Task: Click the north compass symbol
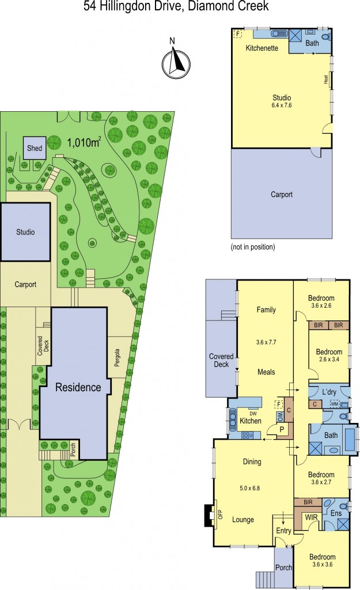tap(175, 60)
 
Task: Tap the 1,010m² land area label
tap(84, 142)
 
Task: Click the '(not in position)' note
tap(253, 247)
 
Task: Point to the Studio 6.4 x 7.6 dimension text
tap(281, 105)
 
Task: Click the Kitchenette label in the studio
tap(262, 48)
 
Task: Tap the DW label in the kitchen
tap(252, 413)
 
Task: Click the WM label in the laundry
tap(334, 403)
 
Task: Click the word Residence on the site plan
tap(78, 387)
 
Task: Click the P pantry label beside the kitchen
tap(282, 429)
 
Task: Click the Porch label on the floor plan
tap(283, 568)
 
